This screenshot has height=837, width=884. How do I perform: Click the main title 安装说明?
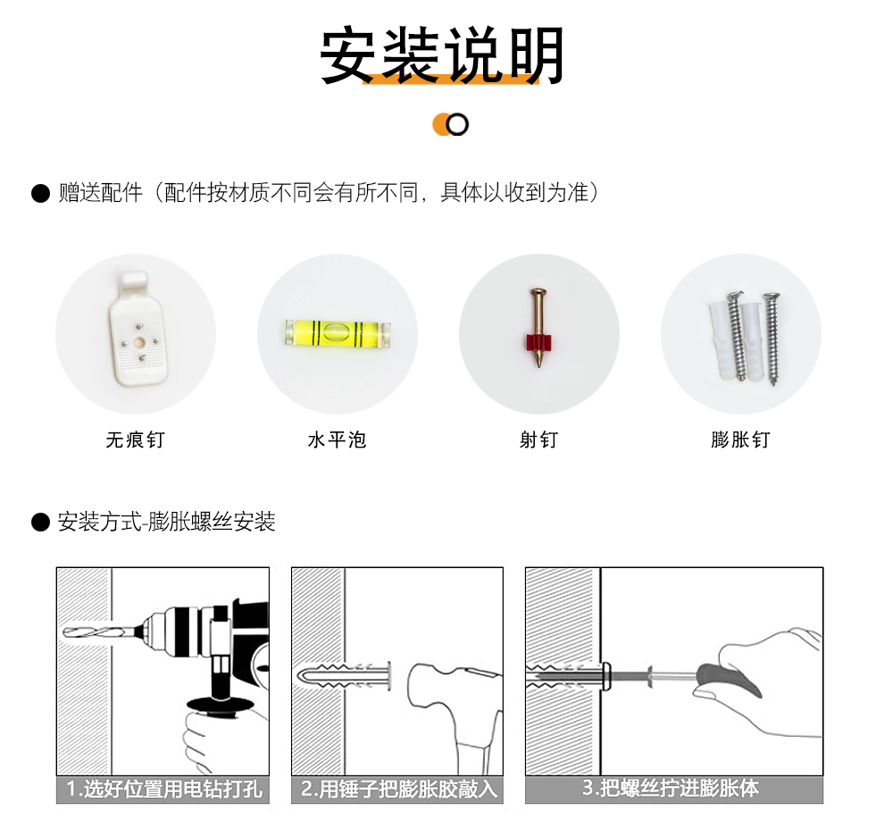[442, 54]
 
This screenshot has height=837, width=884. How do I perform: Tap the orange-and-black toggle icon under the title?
[450, 125]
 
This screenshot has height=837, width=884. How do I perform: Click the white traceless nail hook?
[137, 329]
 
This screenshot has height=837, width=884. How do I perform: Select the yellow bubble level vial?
[338, 333]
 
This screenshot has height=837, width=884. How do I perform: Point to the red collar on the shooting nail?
[539, 342]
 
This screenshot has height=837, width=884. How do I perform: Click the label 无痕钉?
[136, 439]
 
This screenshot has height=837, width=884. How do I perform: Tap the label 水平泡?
[338, 439]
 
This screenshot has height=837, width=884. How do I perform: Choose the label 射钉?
[539, 439]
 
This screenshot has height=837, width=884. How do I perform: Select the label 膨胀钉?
[741, 439]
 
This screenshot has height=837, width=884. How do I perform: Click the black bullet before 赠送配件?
[40, 193]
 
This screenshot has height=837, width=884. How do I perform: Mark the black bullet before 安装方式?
[40, 522]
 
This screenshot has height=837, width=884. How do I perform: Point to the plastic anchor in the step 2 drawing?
[344, 674]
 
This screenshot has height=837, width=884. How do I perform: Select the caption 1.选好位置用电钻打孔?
[164, 789]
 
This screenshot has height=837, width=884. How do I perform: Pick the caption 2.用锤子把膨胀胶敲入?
[399, 789]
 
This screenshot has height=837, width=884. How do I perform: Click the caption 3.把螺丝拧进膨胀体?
[671, 788]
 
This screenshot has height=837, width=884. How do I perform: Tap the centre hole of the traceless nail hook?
[139, 342]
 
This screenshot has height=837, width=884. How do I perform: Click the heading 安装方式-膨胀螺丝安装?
[166, 522]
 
